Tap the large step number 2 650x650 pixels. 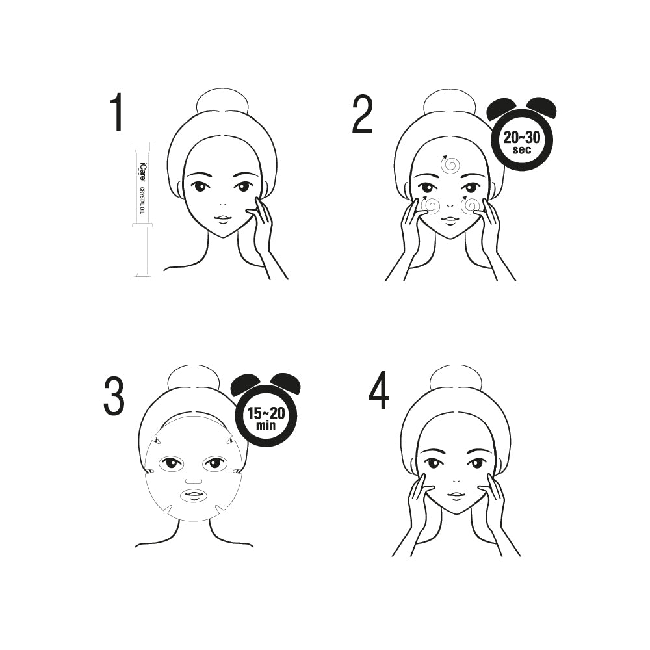362,114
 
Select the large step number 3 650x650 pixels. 114,396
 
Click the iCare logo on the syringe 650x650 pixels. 142,169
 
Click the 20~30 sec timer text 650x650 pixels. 521,142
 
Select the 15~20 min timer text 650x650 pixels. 266,418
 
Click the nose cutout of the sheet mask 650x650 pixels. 193,480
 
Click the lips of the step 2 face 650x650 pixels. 449,220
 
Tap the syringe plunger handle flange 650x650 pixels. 142,225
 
